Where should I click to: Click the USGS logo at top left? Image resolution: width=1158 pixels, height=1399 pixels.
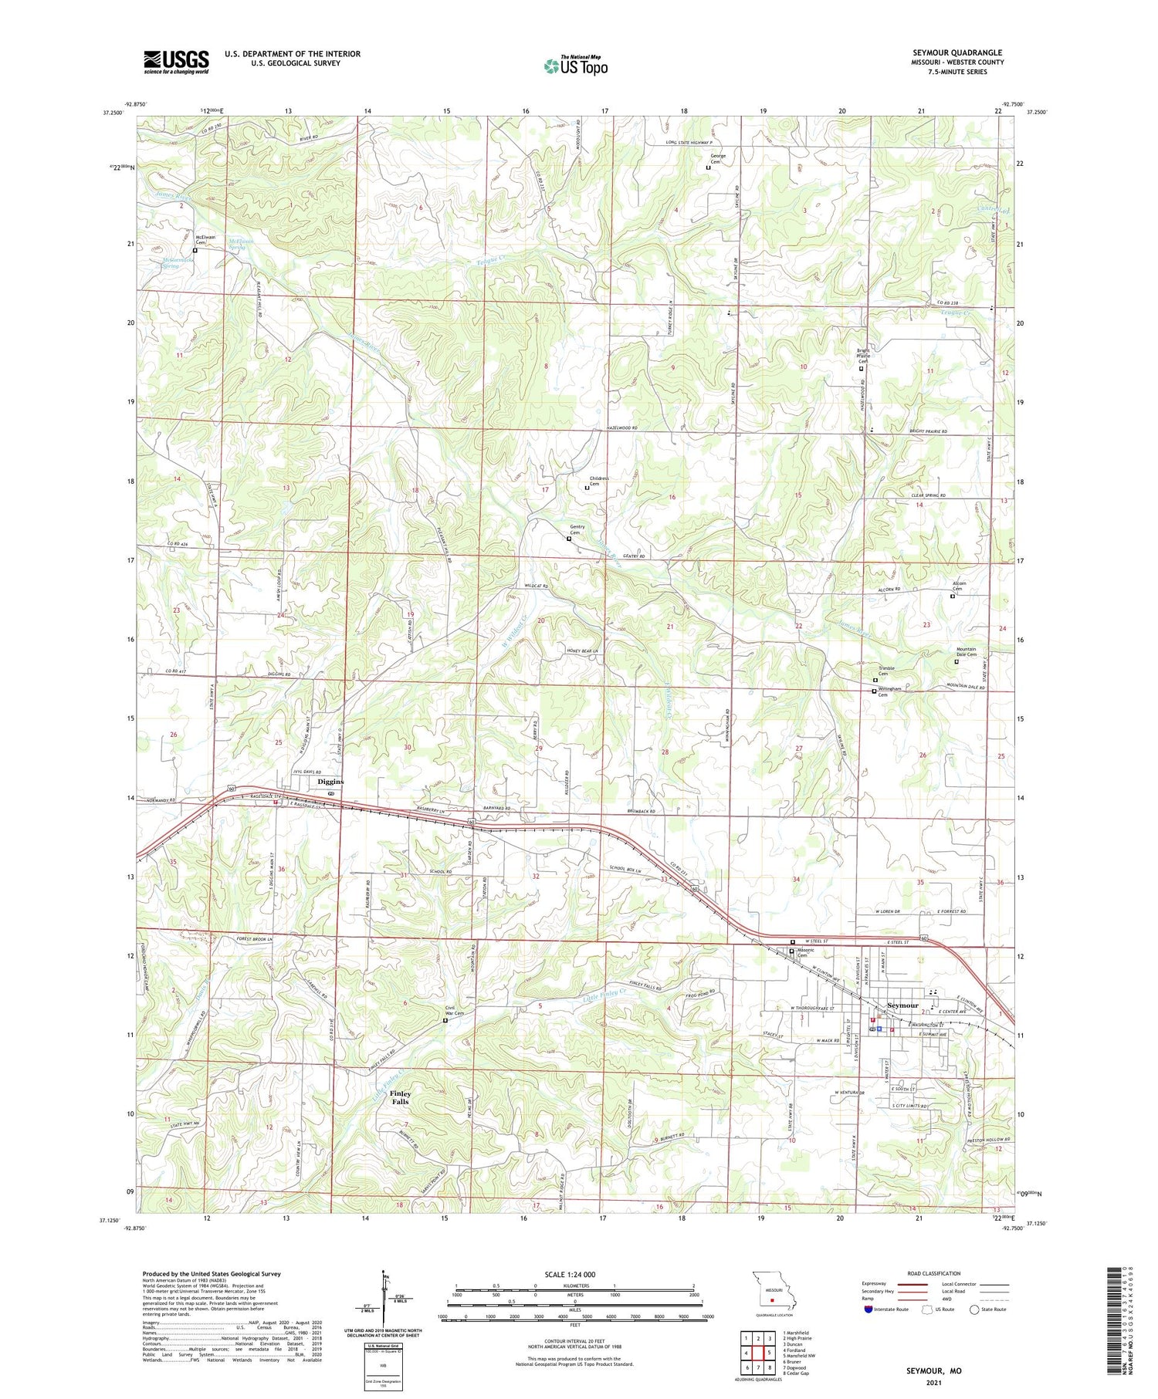(176, 62)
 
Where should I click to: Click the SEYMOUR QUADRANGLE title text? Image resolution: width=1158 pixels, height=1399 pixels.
(957, 52)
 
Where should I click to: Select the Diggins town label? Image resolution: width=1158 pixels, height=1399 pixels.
(330, 782)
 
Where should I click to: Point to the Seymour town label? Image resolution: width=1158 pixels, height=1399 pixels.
(902, 1006)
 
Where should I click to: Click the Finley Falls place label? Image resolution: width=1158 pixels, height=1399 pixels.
(400, 1097)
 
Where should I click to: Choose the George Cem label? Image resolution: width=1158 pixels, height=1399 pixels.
(717, 158)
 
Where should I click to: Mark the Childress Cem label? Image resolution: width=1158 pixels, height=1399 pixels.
(600, 481)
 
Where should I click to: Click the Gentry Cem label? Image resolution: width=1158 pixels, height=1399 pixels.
(577, 529)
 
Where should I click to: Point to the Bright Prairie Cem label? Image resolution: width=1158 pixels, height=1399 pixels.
(863, 356)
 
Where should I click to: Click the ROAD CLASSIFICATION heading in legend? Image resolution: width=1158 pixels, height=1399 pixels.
(934, 1273)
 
